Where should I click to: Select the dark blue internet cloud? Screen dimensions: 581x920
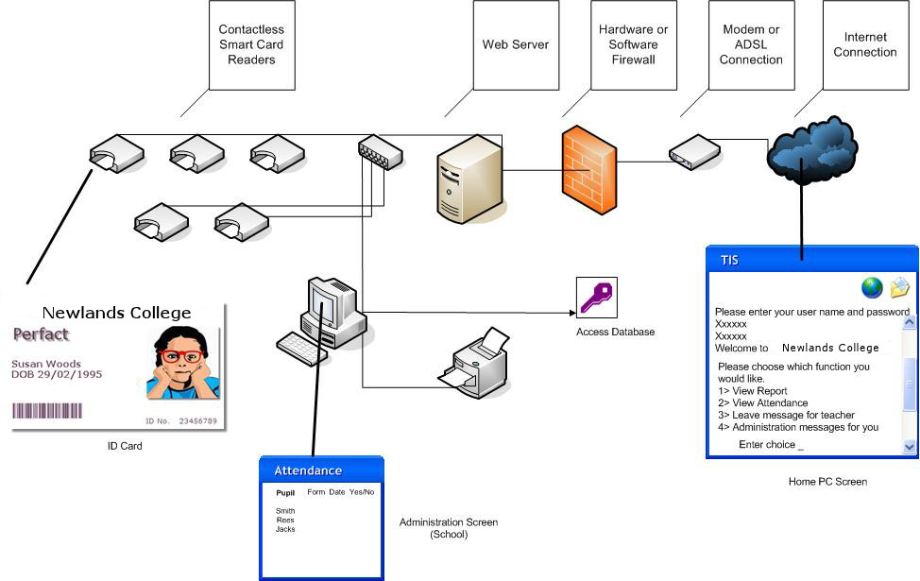pos(811,147)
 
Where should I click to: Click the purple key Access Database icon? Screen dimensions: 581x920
pos(596,298)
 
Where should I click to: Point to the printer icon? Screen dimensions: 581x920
pos(475,358)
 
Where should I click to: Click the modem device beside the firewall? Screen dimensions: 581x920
pos(694,151)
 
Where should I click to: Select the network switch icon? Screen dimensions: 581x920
pos(380,151)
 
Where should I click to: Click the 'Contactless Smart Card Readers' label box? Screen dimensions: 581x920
pos(250,44)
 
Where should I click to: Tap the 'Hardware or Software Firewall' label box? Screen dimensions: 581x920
pos(633,44)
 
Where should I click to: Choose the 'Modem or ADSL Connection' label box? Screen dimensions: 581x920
pos(751,44)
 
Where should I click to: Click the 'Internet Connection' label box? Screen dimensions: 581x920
pos(864,44)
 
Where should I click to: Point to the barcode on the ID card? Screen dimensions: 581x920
pos(47,411)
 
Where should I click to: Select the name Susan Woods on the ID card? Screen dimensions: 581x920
pos(46,364)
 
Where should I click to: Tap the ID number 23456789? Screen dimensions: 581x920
pos(195,420)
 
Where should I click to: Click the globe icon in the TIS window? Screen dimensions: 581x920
pos(871,287)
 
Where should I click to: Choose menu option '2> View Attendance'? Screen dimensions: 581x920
pos(763,403)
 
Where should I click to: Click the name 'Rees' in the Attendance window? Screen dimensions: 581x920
pos(284,521)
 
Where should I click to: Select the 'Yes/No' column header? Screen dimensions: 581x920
pos(362,492)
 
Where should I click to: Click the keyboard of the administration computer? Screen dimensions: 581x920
pos(302,348)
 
